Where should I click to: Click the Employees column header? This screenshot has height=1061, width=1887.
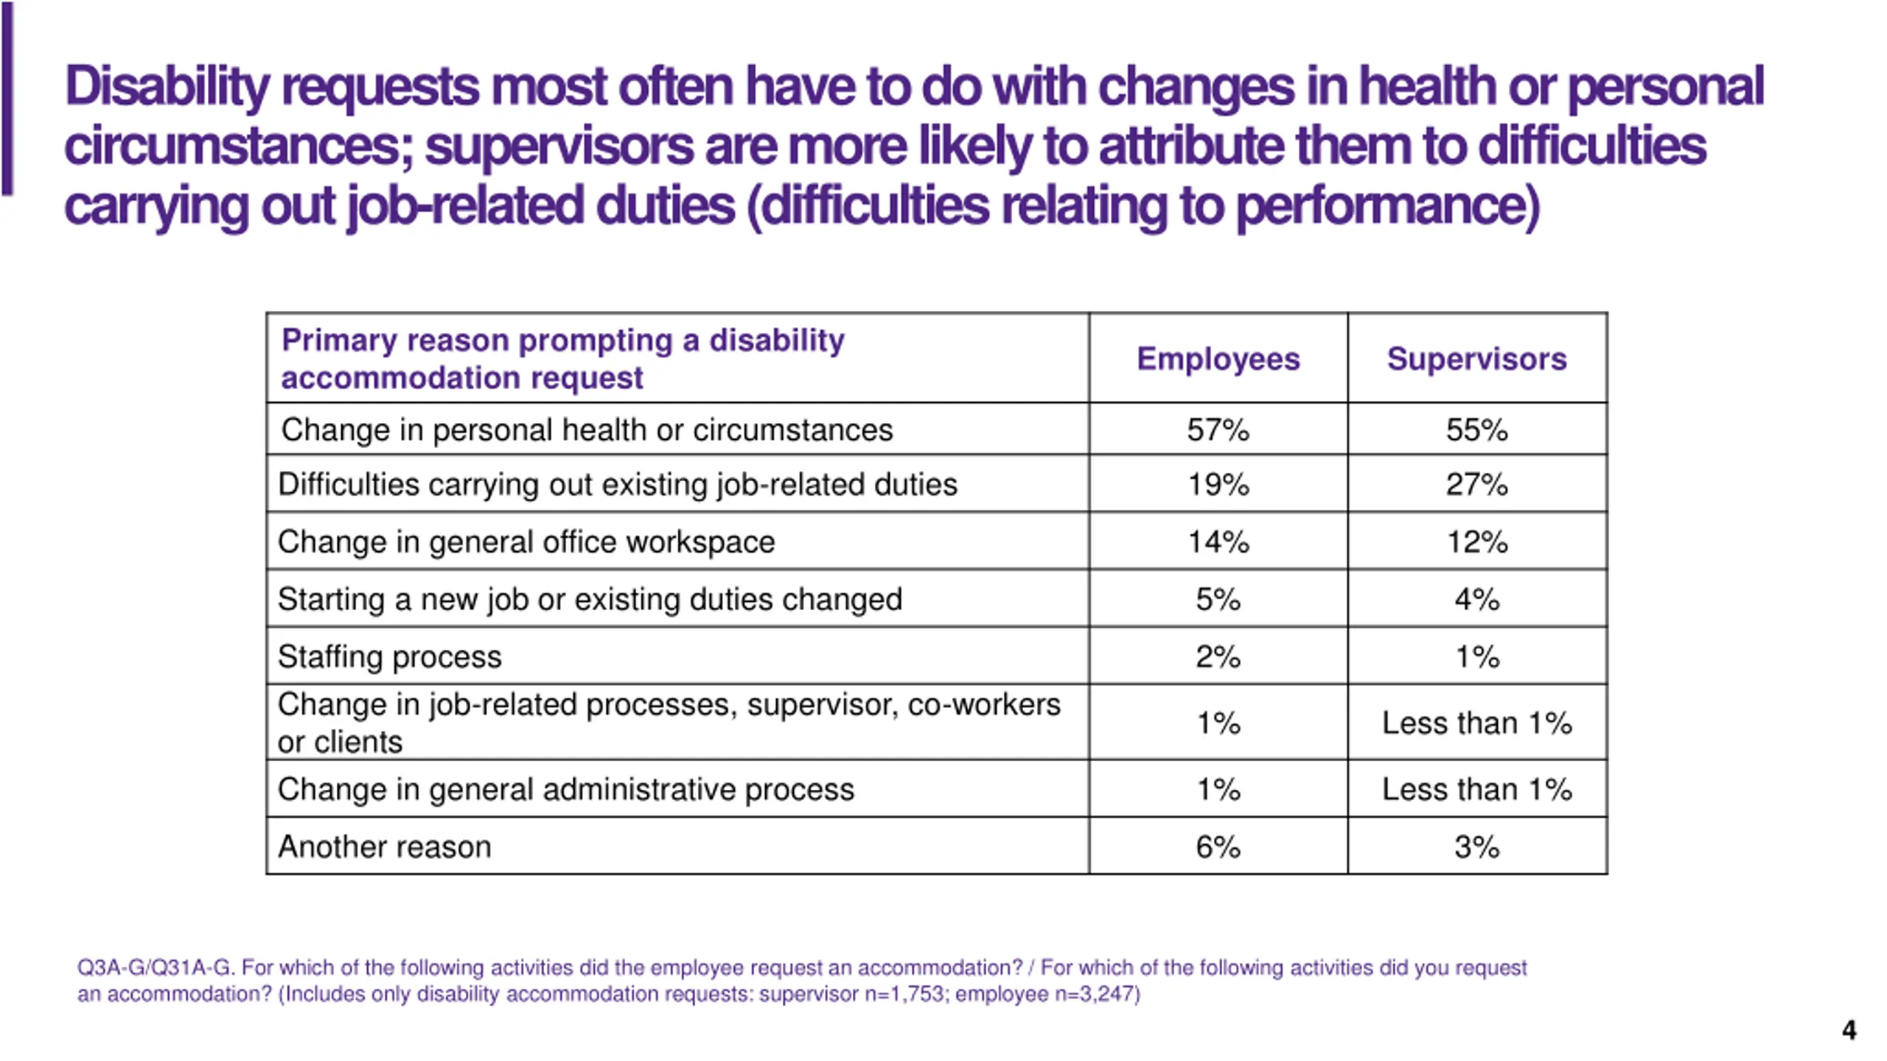[1218, 360]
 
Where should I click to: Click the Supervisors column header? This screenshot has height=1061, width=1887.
[1476, 360]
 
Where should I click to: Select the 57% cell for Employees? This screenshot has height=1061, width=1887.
[1218, 430]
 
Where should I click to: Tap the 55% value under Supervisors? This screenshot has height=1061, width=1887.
[1476, 430]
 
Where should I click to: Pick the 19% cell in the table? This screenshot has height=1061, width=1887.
[1218, 484]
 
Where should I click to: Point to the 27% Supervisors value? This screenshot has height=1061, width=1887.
[1476, 484]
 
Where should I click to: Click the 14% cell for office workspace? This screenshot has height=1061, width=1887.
[1218, 542]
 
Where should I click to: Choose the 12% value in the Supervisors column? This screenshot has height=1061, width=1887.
[1476, 542]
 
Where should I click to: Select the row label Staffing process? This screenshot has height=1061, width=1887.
[389, 656]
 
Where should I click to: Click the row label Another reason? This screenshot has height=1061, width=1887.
[384, 847]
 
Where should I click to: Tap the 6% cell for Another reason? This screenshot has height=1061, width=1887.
[1218, 847]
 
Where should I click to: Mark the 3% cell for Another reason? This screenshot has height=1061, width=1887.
[1476, 847]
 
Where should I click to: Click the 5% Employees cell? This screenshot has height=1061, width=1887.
[1218, 599]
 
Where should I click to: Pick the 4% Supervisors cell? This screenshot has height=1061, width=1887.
[1476, 599]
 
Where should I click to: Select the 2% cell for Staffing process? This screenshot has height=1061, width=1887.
[1218, 656]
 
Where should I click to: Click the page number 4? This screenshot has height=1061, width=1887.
[1849, 1029]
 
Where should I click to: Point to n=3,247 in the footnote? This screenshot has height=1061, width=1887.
[1096, 995]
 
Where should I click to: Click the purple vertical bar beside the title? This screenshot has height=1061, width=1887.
[7, 99]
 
